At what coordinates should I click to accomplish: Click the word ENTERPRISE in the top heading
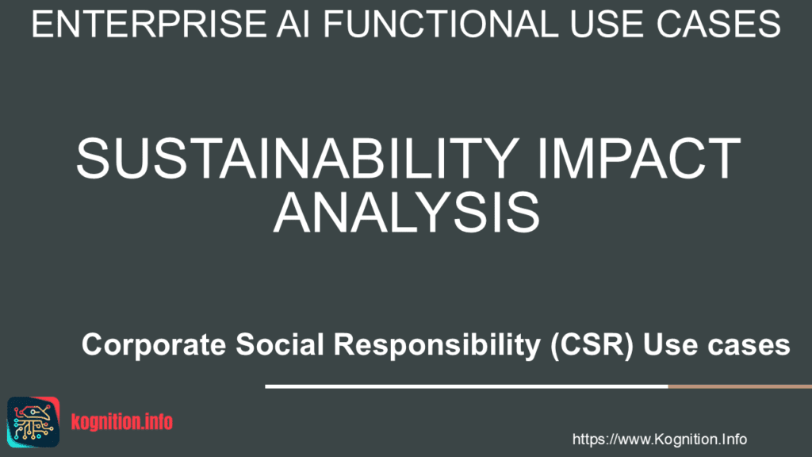[x=148, y=24]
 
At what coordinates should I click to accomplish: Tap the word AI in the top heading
[x=293, y=24]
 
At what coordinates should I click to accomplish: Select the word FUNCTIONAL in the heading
[x=441, y=24]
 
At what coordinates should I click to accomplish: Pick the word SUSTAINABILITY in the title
[x=298, y=158]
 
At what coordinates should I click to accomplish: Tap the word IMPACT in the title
[x=639, y=158]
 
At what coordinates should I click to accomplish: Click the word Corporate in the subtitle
[x=154, y=345]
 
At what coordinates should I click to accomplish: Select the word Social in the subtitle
[x=280, y=344]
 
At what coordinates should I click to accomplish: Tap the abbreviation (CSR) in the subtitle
[x=592, y=345]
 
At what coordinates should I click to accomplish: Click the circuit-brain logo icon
[x=33, y=422]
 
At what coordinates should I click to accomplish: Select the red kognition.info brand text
[x=121, y=422]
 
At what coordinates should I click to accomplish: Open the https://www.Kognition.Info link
[x=659, y=440]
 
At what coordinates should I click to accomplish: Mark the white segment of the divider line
[x=466, y=386]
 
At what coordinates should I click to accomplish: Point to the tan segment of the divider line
[x=740, y=386]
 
